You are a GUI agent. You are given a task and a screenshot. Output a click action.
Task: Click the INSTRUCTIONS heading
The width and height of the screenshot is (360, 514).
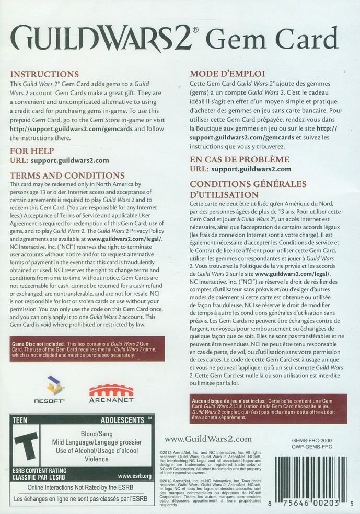[44, 74]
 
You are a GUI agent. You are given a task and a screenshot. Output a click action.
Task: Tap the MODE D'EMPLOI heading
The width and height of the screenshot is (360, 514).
[227, 74]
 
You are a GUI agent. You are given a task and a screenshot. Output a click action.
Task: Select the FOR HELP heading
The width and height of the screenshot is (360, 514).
[31, 151]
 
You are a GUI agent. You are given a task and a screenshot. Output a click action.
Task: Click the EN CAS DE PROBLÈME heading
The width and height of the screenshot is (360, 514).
[239, 159]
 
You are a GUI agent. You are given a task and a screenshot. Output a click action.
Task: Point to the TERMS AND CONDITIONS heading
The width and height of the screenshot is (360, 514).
[67, 176]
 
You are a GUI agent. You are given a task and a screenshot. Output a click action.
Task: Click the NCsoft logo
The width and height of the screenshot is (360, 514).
[54, 389]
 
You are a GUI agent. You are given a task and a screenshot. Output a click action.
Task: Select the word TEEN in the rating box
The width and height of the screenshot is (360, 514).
[20, 420]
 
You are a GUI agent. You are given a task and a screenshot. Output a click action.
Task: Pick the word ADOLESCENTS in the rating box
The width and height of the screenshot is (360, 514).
[122, 420]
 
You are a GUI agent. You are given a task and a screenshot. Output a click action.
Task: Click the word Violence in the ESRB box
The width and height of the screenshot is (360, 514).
[96, 459]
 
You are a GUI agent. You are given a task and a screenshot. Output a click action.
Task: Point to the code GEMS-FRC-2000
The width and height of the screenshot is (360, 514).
[312, 441]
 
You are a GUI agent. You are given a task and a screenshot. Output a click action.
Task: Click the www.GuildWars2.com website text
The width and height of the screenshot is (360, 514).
[208, 439]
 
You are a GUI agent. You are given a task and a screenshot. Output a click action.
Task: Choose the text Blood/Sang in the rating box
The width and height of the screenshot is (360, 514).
[96, 434]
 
